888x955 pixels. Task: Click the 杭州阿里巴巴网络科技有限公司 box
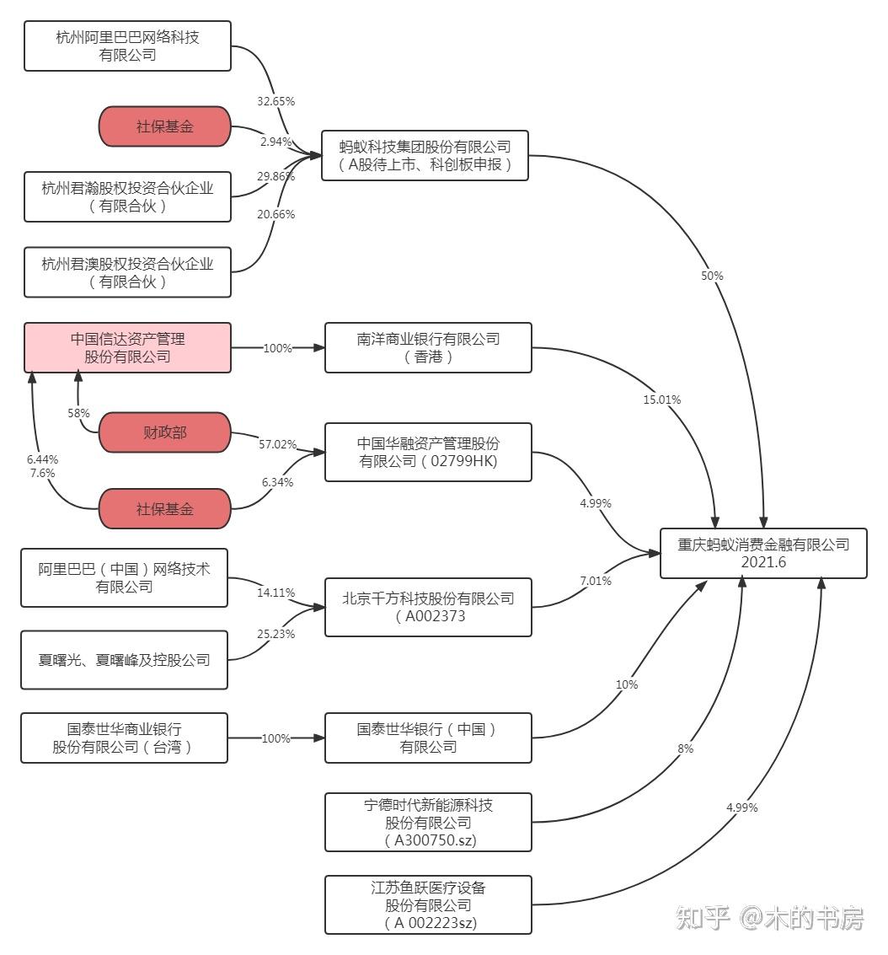pyautogui.click(x=127, y=46)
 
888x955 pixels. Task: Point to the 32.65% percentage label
pyautogui.click(x=275, y=101)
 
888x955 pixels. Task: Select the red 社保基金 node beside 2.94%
pyautogui.click(x=164, y=126)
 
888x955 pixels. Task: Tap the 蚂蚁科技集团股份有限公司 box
pyautogui.click(x=425, y=155)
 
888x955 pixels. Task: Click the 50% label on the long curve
pyautogui.click(x=712, y=276)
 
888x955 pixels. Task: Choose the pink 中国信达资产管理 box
pyautogui.click(x=127, y=347)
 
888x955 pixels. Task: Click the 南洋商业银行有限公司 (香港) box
pyautogui.click(x=428, y=347)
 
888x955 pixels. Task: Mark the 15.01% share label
pyautogui.click(x=661, y=400)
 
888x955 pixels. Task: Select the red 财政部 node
pyautogui.click(x=164, y=432)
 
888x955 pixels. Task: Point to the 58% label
pyautogui.click(x=78, y=413)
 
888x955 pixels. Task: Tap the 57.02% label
pyautogui.click(x=277, y=443)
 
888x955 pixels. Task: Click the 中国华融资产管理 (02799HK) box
pyautogui.click(x=428, y=452)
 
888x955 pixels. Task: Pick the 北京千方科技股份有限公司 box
pyautogui.click(x=428, y=607)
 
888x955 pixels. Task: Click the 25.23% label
pyautogui.click(x=275, y=634)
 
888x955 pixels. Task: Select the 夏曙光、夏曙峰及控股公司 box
pyautogui.click(x=124, y=660)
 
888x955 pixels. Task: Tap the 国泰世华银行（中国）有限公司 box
pyautogui.click(x=428, y=738)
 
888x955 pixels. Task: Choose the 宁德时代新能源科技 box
pyautogui.click(x=428, y=822)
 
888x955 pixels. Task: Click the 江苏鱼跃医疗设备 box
pyautogui.click(x=428, y=904)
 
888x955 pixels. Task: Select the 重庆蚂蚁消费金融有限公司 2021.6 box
pyautogui.click(x=763, y=553)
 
